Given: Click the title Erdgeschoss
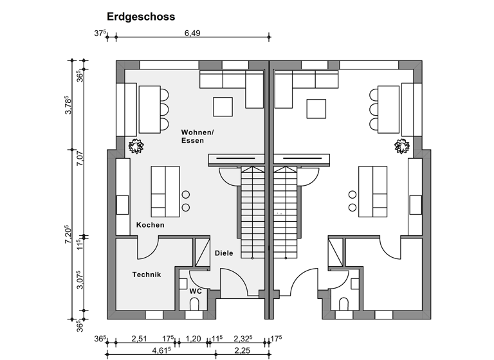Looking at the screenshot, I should coord(140,17).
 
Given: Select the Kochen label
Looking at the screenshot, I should coord(150,225).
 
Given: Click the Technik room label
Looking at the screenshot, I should coord(146,274).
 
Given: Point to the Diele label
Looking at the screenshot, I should coord(224,253).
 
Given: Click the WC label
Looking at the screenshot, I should coord(196,291).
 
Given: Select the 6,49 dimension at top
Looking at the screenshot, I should coord(192,33).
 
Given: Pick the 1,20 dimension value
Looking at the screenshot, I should coord(192,338).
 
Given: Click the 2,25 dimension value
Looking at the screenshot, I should coord(242,350).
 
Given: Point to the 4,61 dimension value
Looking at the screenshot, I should coord(161,350).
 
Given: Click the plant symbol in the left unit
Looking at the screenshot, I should coord(136,147).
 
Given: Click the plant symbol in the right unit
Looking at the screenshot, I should coord(402,147).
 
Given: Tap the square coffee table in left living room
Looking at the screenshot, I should coord(223,107).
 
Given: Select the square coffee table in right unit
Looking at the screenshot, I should coord(316,108).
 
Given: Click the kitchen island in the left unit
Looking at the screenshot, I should coord(165,192).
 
